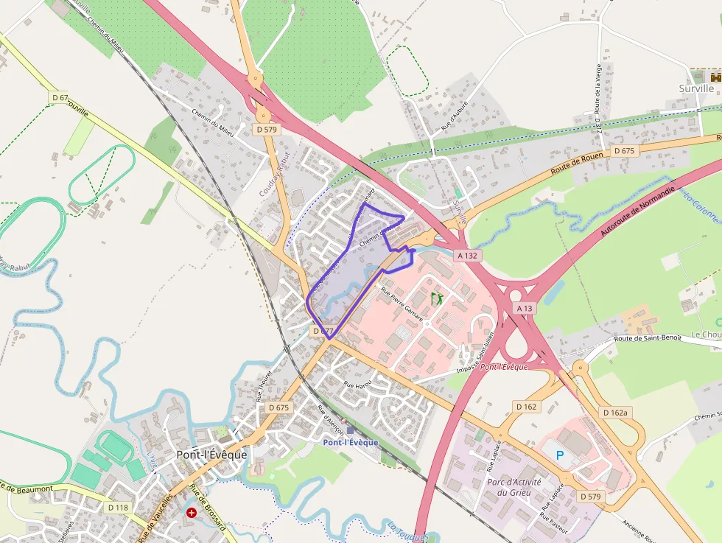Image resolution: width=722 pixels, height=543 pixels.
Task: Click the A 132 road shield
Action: pyautogui.click(x=467, y=256)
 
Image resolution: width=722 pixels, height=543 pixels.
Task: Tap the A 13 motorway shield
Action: pyautogui.click(x=525, y=308)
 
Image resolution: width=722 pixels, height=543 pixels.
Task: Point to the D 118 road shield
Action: pyautogui.click(x=118, y=507)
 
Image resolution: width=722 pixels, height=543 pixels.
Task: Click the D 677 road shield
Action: pyautogui.click(x=323, y=332)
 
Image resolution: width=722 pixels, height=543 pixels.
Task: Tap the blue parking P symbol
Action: pyautogui.click(x=560, y=455)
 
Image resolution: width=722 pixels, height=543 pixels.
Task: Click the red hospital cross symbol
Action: pyautogui.click(x=192, y=512)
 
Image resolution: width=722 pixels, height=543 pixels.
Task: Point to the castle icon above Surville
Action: pyautogui.click(x=714, y=76)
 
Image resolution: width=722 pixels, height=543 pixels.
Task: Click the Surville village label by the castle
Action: pyautogui.click(x=696, y=88)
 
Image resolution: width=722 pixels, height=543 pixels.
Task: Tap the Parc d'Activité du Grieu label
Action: pyautogui.click(x=514, y=487)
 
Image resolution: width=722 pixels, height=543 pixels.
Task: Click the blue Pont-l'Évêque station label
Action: pyautogui.click(x=350, y=442)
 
